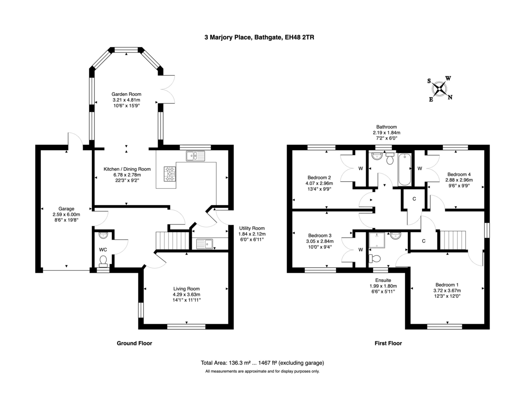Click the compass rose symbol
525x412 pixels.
[x=440, y=89]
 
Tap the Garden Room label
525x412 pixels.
[x=126, y=94]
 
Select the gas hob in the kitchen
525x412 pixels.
[x=170, y=173]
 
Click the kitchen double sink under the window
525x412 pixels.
[x=195, y=155]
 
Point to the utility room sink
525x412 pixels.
[x=204, y=244]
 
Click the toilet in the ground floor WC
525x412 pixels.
[x=104, y=261]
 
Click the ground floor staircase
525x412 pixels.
[x=172, y=241]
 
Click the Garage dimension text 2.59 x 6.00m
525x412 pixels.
[x=66, y=215]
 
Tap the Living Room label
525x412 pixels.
[x=186, y=289]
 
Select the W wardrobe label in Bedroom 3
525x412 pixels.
[x=360, y=250]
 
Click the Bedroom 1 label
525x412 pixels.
[x=447, y=283]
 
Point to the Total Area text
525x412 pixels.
[x=262, y=363]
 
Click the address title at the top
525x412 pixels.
[x=259, y=38]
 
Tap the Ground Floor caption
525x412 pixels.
[x=134, y=343]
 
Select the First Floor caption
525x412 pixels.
[x=388, y=343]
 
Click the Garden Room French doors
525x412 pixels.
[x=167, y=89]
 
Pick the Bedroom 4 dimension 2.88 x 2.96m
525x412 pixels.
[x=458, y=180]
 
